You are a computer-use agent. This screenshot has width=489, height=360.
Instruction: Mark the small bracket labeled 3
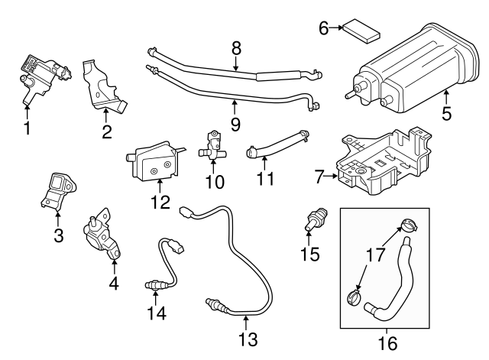[58, 192]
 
